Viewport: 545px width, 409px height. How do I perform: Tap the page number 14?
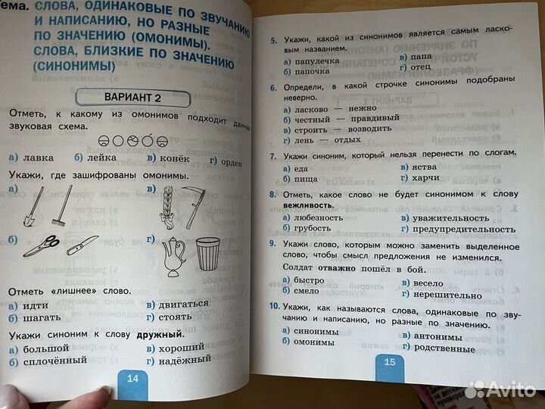pyautogui.click(x=131, y=379)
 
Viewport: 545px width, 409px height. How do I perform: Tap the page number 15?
pyautogui.click(x=389, y=362)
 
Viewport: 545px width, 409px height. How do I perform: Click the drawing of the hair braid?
pyautogui.click(x=169, y=203)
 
